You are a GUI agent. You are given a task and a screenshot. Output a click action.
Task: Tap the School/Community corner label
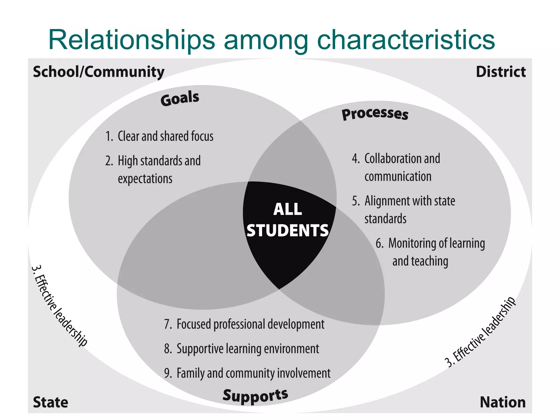(98, 72)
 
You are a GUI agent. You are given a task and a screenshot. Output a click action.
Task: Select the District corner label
(501, 72)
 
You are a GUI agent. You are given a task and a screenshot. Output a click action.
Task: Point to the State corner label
(50, 402)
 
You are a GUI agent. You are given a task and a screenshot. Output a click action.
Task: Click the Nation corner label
(503, 402)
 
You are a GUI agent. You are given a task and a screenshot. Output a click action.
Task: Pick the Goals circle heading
(180, 98)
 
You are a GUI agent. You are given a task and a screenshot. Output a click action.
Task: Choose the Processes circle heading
(375, 114)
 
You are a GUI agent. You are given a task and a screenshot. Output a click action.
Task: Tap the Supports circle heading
(255, 396)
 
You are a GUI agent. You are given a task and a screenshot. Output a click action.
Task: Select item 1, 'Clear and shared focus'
(159, 136)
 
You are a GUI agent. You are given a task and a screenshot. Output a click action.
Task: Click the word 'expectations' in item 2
(145, 179)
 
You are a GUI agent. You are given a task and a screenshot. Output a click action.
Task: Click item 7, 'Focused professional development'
(244, 324)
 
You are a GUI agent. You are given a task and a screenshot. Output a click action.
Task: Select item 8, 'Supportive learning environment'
(241, 349)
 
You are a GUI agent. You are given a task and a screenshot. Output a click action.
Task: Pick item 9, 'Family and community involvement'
(247, 373)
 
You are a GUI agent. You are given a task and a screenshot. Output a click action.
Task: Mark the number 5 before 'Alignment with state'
(355, 201)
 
